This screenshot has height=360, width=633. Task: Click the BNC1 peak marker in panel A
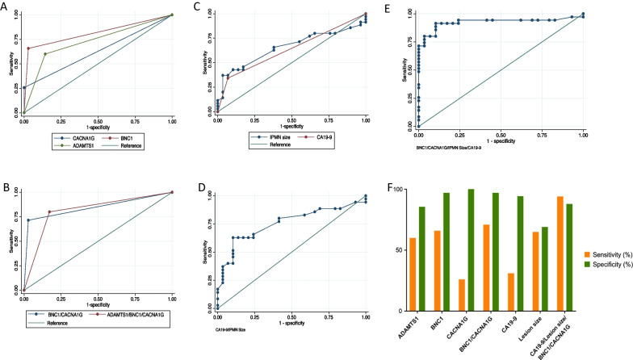tap(28, 48)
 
